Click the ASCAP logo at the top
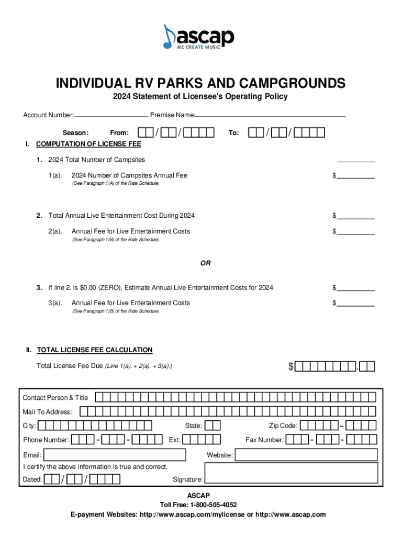(x=198, y=37)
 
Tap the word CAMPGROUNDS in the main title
(x=293, y=83)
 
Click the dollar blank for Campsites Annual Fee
(x=356, y=176)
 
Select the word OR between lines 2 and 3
(x=205, y=263)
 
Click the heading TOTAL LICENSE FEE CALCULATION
(x=95, y=350)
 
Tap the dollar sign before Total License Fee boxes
(x=292, y=367)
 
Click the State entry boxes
(x=212, y=426)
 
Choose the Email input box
(x=115, y=455)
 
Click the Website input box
(x=306, y=455)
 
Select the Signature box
(x=290, y=475)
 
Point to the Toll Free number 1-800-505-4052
(x=212, y=505)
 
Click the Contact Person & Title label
(x=55, y=398)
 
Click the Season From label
(x=119, y=133)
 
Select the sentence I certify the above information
(x=95, y=466)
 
